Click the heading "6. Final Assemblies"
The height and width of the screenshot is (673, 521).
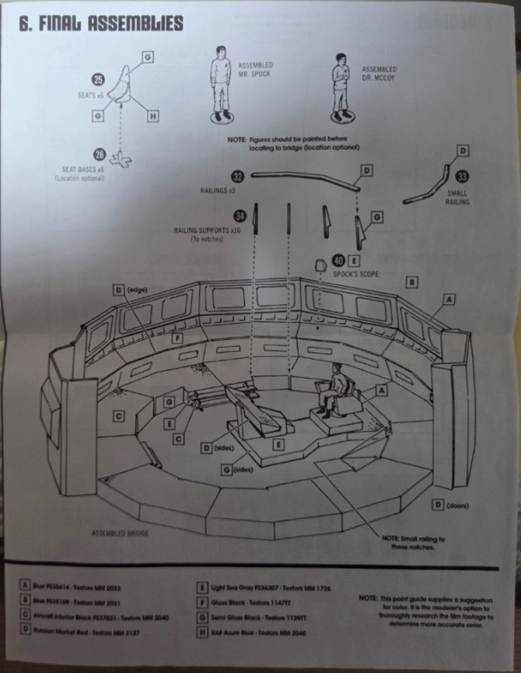[101, 23]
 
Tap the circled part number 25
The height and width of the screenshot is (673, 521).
[98, 79]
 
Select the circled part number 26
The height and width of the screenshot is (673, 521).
[99, 153]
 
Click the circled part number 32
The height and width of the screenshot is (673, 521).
[237, 177]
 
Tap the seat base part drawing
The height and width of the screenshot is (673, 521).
[121, 159]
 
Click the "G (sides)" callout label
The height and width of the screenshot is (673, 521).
[240, 471]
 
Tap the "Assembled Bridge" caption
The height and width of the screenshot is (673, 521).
[121, 534]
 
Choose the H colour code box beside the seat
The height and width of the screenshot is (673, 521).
[152, 116]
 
